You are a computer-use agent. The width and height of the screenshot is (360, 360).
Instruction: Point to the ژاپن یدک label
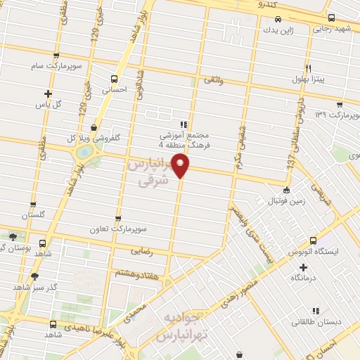(x=276, y=30)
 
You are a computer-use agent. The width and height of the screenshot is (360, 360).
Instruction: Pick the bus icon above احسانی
(x=115, y=78)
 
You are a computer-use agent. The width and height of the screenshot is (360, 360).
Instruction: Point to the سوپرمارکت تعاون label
(x=117, y=230)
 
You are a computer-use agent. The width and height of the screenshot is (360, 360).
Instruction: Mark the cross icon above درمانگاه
(x=303, y=266)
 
